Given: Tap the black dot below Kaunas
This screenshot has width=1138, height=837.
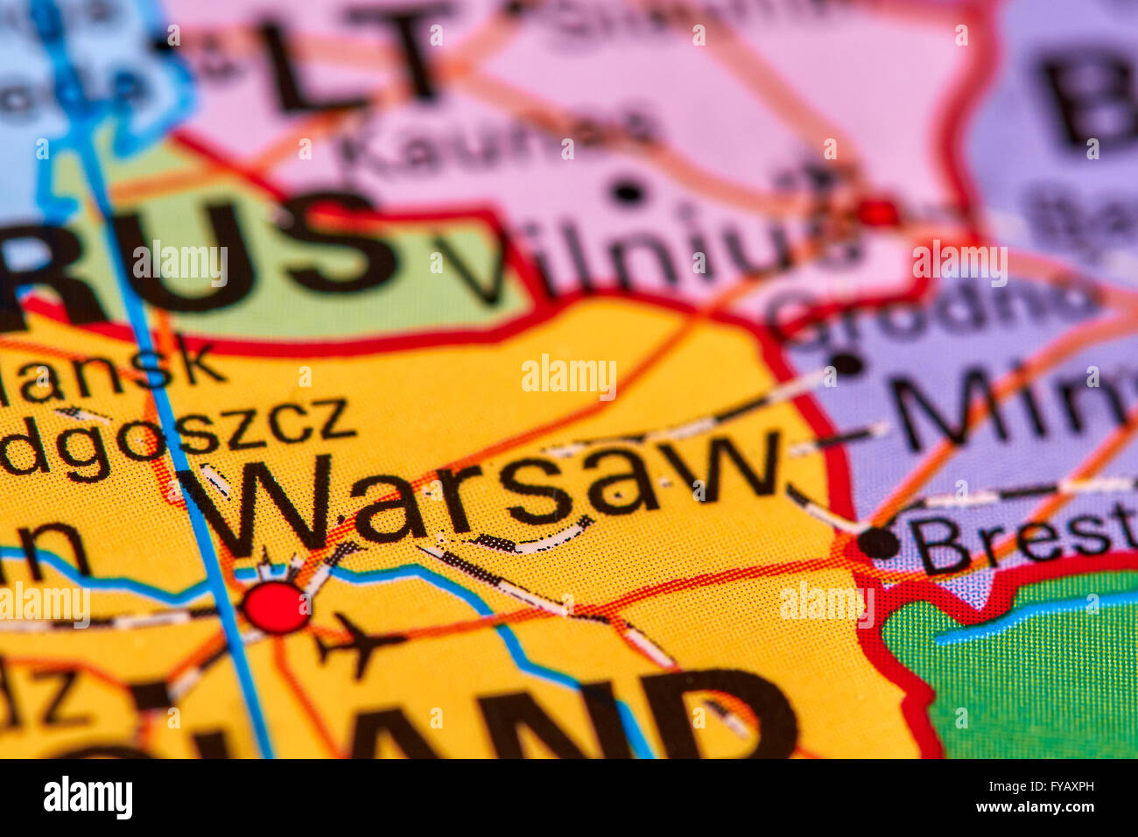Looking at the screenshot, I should pyautogui.click(x=627, y=190).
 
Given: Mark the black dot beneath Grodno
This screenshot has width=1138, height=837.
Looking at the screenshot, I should pyautogui.click(x=846, y=362).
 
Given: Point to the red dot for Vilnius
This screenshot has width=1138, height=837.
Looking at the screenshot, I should pyautogui.click(x=876, y=213).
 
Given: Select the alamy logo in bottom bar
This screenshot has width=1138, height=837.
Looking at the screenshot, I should pyautogui.click(x=88, y=798).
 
